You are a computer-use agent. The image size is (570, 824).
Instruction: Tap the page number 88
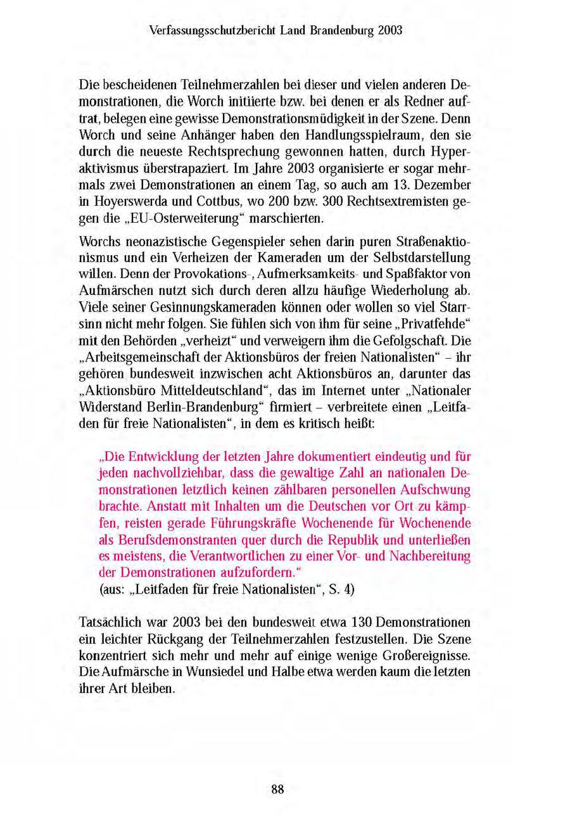277,789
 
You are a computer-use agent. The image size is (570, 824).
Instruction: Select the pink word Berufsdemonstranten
169,540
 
